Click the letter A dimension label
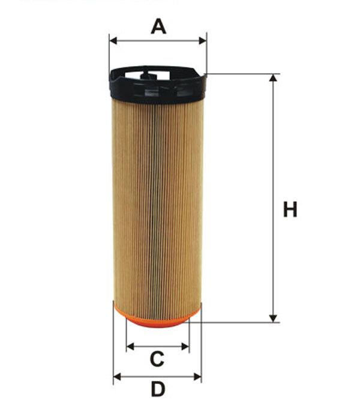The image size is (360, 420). (158, 26)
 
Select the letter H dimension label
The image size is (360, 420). (290, 210)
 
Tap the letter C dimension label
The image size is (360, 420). (157, 359)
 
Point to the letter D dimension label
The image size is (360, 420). (157, 389)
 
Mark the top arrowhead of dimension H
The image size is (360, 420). (274, 79)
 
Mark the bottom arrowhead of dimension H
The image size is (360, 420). (274, 318)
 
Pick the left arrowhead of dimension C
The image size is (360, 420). (130, 347)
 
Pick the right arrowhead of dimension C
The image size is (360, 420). (185, 347)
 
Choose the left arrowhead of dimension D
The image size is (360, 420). (117, 377)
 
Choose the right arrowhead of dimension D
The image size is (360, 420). (198, 377)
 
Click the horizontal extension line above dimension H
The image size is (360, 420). (240, 74)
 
